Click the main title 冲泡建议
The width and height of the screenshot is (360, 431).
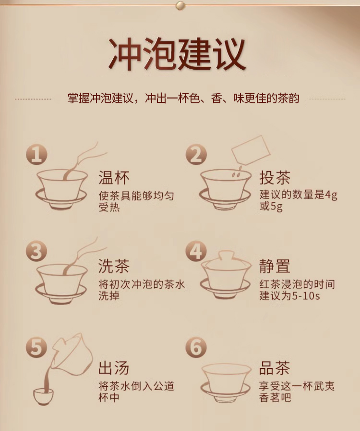177,54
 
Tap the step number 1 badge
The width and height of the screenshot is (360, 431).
36,155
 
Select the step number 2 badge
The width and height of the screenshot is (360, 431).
196,155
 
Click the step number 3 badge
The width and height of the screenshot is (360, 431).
36,251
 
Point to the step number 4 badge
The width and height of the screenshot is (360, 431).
196,251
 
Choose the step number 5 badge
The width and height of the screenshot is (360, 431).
36,347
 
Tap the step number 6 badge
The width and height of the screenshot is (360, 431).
196,347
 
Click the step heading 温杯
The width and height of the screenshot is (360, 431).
114,177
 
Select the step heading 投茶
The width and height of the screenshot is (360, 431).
275,177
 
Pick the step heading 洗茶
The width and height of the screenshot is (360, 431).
114,266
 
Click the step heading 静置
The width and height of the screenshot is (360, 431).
275,266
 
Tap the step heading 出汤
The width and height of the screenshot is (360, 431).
114,368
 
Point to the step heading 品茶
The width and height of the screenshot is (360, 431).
275,368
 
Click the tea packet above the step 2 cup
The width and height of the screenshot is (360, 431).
251,150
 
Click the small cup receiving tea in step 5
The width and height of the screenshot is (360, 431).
43,396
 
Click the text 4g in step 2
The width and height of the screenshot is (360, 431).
331,195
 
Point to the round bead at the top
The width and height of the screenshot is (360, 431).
180,5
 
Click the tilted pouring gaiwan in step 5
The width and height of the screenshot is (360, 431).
73,355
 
